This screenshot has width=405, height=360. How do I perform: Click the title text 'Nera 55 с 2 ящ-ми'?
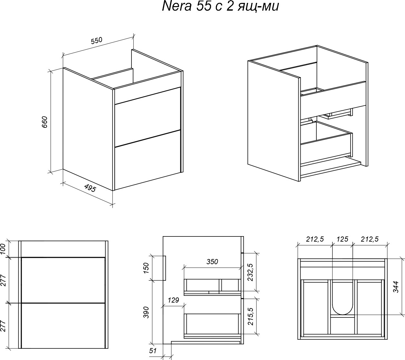coord(220,6)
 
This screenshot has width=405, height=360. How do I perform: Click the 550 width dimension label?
coord(97,41)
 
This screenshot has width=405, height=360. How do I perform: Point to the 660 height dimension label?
coord(44,122)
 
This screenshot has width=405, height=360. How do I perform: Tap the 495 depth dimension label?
coord(90,188)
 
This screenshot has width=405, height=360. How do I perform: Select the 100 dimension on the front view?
coord(3,249)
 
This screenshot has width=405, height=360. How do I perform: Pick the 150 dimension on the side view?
coord(146,268)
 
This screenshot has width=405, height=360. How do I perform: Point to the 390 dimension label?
coord(146,312)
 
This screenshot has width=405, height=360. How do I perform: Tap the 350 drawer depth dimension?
coord(212,262)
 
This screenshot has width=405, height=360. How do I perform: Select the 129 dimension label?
coord(173,300)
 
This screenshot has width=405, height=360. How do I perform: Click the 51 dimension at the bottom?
coord(153,351)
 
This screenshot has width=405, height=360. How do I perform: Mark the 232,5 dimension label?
coord(250,272)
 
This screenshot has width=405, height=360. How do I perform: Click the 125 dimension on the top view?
coord(342,239)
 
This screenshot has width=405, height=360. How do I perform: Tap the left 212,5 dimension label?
coord(315,239)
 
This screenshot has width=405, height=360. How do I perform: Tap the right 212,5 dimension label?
coord(370,239)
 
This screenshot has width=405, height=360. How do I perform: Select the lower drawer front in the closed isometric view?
coord(148,160)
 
